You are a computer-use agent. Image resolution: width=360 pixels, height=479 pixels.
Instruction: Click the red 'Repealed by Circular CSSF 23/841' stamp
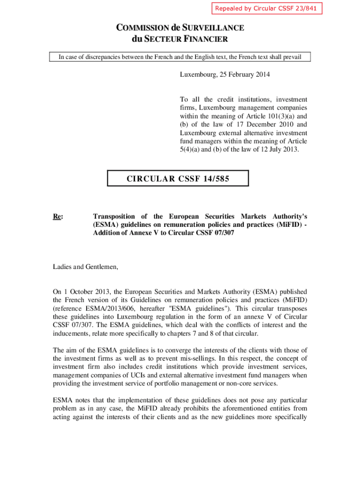pos(267,8)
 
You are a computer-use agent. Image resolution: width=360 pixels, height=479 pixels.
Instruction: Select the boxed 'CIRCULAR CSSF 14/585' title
pos(178,178)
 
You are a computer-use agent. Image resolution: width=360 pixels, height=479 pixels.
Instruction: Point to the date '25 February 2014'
pos(244,74)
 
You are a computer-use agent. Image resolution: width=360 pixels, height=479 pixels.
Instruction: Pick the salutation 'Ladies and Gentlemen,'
pos(86,267)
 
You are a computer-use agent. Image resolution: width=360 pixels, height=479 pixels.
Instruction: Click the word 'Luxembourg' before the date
pos(196,74)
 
